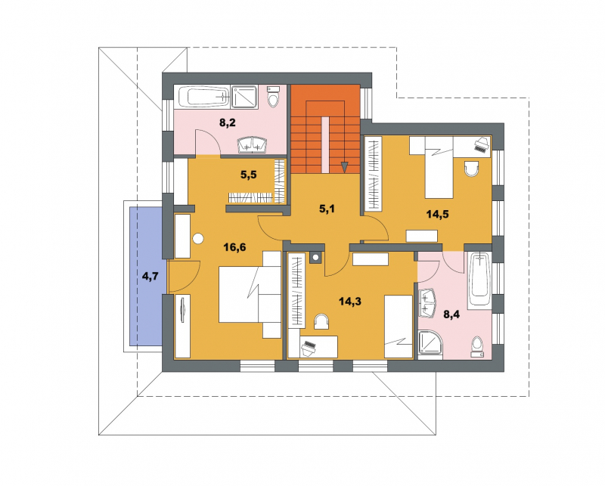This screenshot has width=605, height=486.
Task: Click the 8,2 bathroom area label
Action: point(228,123)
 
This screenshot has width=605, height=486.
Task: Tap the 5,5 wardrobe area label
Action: point(249,175)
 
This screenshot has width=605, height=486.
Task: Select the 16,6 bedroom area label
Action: point(234,247)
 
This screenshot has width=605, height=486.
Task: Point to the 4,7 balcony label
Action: point(150,276)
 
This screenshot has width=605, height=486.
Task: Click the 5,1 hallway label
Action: point(327,209)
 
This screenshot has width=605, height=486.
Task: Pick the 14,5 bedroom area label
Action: point(438,215)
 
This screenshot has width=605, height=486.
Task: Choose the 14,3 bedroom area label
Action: point(350,302)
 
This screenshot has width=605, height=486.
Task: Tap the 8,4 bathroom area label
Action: point(451,314)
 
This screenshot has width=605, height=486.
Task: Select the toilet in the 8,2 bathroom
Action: point(274,98)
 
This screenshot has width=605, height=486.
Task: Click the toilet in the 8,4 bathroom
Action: point(477,346)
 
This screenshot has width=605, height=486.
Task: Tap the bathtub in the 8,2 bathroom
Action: point(203,97)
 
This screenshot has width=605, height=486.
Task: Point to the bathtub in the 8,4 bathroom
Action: point(479,280)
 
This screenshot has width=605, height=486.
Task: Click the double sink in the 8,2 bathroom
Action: point(253,144)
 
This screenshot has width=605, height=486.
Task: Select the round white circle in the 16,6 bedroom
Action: point(198,239)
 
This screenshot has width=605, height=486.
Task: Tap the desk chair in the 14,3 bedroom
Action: point(321,321)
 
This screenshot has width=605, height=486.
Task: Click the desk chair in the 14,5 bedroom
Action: point(471,169)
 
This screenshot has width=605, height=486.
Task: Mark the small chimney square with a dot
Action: point(316,257)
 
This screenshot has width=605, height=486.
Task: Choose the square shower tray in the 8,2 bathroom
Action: point(244,97)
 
